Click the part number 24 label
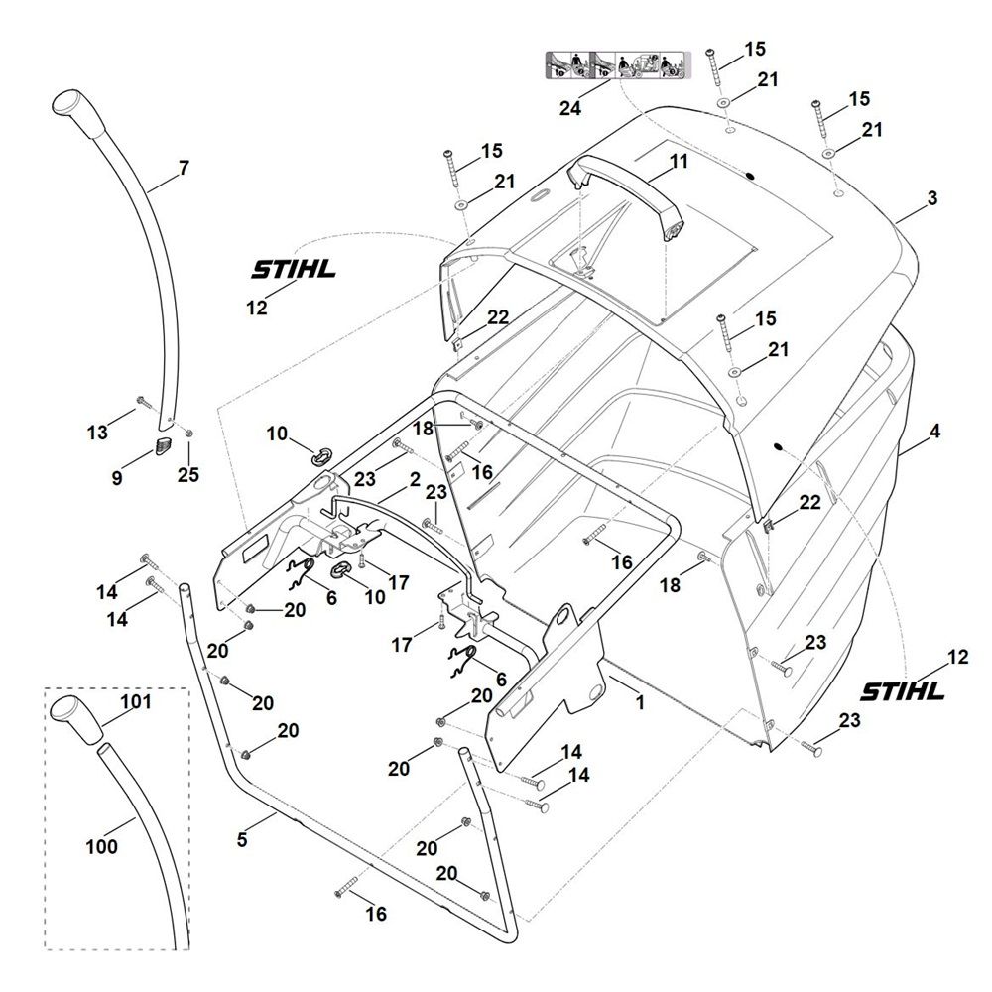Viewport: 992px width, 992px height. (570, 108)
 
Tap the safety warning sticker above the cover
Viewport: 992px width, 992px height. (618, 65)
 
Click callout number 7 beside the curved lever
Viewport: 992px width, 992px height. (184, 168)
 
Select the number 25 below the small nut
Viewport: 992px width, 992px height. (187, 474)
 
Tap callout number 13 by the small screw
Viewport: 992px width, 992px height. (97, 433)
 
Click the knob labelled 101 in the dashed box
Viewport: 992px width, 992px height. (77, 718)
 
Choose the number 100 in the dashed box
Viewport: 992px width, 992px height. (101, 846)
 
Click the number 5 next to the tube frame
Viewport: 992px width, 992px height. (242, 839)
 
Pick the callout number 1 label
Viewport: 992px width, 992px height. (640, 702)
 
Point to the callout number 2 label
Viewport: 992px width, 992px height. (415, 479)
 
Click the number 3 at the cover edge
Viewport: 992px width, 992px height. (931, 198)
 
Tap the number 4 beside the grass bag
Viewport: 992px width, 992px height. (934, 432)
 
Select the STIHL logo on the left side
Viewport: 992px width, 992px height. (294, 270)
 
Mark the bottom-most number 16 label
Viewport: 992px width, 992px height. (376, 914)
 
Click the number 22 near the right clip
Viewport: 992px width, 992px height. (809, 502)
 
